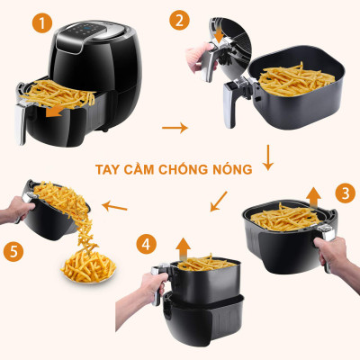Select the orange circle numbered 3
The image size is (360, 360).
[345, 193]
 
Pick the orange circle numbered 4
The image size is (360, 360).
[148, 243]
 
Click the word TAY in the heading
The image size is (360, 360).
[109, 168]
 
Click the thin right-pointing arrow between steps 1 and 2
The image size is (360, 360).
[175, 127]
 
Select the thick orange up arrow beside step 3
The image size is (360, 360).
[313, 195]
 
